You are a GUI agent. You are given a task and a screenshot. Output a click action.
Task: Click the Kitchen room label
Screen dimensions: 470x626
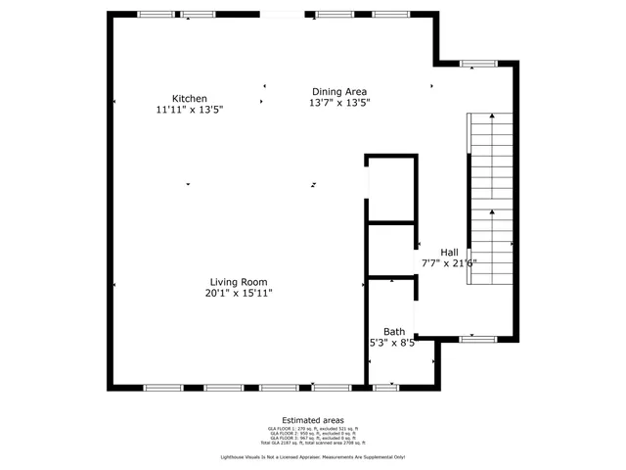point(189,98)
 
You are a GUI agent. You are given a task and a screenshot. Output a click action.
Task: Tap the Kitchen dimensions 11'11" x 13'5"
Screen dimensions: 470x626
point(189,110)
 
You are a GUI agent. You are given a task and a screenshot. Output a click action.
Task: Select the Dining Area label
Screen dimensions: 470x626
point(339,90)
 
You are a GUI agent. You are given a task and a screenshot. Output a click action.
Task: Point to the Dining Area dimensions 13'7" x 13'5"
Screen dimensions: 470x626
point(339,102)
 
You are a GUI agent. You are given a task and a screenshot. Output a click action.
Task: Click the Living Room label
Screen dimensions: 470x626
point(238,281)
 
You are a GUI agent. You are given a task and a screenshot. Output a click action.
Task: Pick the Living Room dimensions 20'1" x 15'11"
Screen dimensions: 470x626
point(238,293)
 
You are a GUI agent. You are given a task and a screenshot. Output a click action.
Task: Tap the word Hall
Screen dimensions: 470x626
point(449,251)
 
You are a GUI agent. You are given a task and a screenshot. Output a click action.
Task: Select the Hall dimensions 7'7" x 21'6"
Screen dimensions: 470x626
point(449,262)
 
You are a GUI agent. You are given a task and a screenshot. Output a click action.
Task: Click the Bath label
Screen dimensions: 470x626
point(393,331)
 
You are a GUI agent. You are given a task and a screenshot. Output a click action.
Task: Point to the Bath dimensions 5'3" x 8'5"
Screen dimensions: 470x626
point(392,343)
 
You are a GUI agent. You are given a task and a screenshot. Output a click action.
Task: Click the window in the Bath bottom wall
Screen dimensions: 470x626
point(386,387)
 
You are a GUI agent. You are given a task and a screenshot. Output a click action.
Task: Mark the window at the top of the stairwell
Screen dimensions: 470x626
point(478,65)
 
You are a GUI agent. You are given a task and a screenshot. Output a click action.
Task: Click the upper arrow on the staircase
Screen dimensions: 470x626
point(493,119)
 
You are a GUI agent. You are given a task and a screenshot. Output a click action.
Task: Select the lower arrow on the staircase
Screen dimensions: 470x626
point(493,213)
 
